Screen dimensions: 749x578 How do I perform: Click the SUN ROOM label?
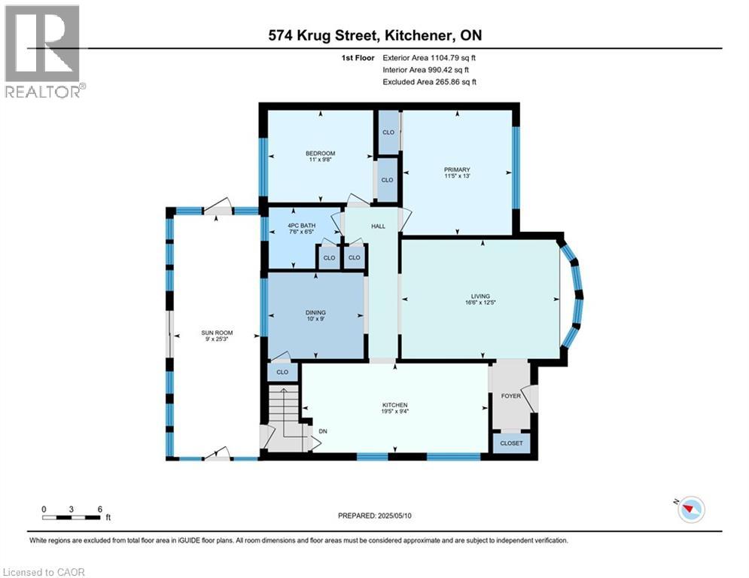217,333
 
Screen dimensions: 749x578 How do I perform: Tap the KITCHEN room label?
394,405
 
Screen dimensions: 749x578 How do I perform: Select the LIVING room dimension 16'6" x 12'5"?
480,303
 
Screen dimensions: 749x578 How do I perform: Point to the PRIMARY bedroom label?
457,169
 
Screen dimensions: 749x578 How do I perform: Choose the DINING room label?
315,312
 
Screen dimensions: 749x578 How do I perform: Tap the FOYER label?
510,396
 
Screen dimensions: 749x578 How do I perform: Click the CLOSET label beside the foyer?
511,443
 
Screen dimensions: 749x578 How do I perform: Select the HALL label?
379,227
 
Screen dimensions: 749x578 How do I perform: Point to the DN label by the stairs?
323,431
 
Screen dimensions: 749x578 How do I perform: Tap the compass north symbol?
690,510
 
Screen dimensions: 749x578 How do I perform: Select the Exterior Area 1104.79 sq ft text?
429,58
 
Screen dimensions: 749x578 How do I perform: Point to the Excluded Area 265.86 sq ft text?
429,82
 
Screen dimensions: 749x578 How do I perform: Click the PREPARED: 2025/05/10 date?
375,516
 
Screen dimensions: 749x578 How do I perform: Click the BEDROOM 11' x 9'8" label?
321,157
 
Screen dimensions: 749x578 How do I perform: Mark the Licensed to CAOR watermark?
44,572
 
